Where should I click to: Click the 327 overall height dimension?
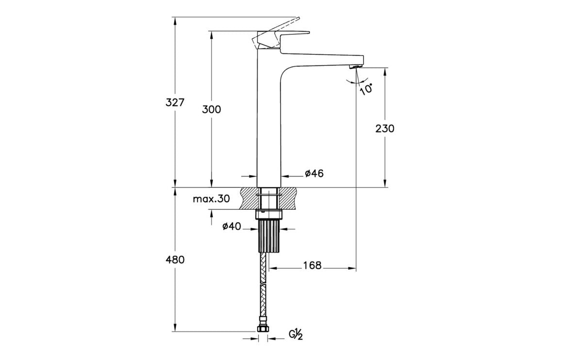pos(175,102)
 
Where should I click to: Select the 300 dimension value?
pos(211,109)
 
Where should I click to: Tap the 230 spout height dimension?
pos(385,128)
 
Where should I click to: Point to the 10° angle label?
pos(366,88)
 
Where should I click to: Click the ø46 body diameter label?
pos(314,173)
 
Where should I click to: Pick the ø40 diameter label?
pos(231,226)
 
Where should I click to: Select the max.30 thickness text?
pos(211,198)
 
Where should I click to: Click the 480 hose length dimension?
pos(175,260)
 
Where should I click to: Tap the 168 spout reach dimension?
pos(312,265)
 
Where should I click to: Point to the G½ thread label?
pos(296,334)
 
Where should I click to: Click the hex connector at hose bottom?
pos(263,330)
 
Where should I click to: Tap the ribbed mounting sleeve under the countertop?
pos(269,235)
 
